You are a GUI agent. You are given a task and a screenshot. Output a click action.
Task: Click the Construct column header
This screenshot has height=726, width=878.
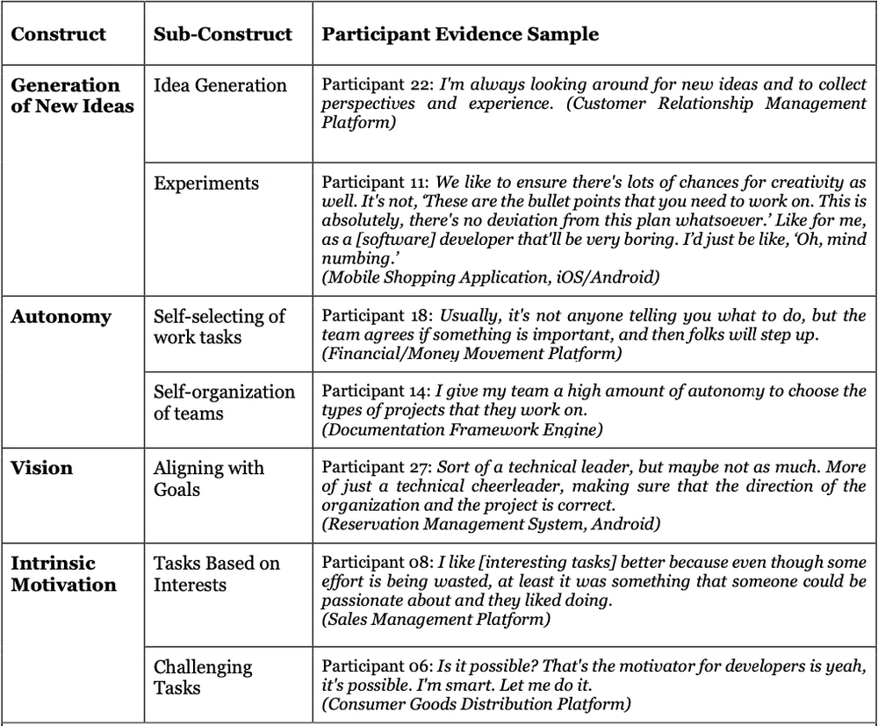[58, 35]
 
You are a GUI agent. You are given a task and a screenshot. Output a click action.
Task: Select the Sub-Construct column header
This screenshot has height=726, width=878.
[222, 35]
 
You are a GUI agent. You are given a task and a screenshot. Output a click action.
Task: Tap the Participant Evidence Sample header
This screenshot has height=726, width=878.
[460, 35]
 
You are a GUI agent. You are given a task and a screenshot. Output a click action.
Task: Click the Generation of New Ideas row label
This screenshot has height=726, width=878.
[66, 96]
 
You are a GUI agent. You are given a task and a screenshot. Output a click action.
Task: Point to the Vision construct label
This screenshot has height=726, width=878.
[41, 468]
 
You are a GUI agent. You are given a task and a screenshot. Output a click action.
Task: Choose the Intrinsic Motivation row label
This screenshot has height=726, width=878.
[63, 573]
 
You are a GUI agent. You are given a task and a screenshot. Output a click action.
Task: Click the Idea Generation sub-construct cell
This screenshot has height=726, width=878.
[219, 85]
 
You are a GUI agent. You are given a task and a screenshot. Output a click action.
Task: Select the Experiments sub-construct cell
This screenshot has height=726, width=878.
[206, 183]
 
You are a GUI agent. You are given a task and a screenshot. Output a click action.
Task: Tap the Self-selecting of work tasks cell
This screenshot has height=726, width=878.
[219, 326]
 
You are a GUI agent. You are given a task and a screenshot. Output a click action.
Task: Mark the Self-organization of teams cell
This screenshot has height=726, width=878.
[224, 402]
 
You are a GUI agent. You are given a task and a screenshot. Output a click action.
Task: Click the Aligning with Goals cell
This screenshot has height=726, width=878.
[208, 478]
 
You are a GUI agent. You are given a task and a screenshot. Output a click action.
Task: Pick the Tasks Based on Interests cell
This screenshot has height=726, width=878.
[217, 573]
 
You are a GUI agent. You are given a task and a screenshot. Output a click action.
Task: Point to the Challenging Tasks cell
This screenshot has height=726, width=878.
[203, 677]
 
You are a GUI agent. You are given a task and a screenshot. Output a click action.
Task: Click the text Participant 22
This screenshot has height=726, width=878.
[377, 85]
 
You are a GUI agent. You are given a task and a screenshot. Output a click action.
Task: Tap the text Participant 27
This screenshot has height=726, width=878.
[377, 468]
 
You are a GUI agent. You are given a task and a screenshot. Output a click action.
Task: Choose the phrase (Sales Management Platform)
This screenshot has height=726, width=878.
[436, 620]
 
